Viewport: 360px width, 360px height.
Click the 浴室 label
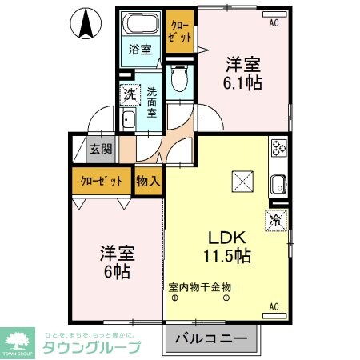tap(141, 50)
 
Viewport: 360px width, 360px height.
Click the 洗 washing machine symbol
tap(130, 94)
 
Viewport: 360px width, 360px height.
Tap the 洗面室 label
tap(151, 102)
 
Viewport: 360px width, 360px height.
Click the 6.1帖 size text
tap(242, 81)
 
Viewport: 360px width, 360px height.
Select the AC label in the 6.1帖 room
tap(274, 23)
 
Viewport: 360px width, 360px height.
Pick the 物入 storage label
tap(148, 181)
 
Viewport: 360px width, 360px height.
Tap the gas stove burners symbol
tap(279, 148)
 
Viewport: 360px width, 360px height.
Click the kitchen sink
tap(279, 183)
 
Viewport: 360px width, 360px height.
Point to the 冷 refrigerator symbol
tap(274, 217)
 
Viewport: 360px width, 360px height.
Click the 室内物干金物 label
tap(199, 286)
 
